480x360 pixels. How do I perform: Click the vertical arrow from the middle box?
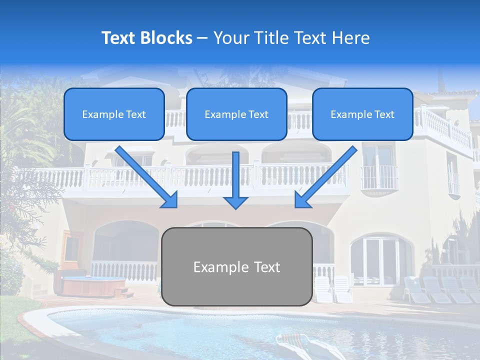point(236,175)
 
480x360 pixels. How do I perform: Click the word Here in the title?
point(352,38)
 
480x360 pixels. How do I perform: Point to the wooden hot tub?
point(94,286)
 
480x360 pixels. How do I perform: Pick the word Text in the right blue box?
point(384,114)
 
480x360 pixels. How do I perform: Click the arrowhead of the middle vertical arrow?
point(236,202)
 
